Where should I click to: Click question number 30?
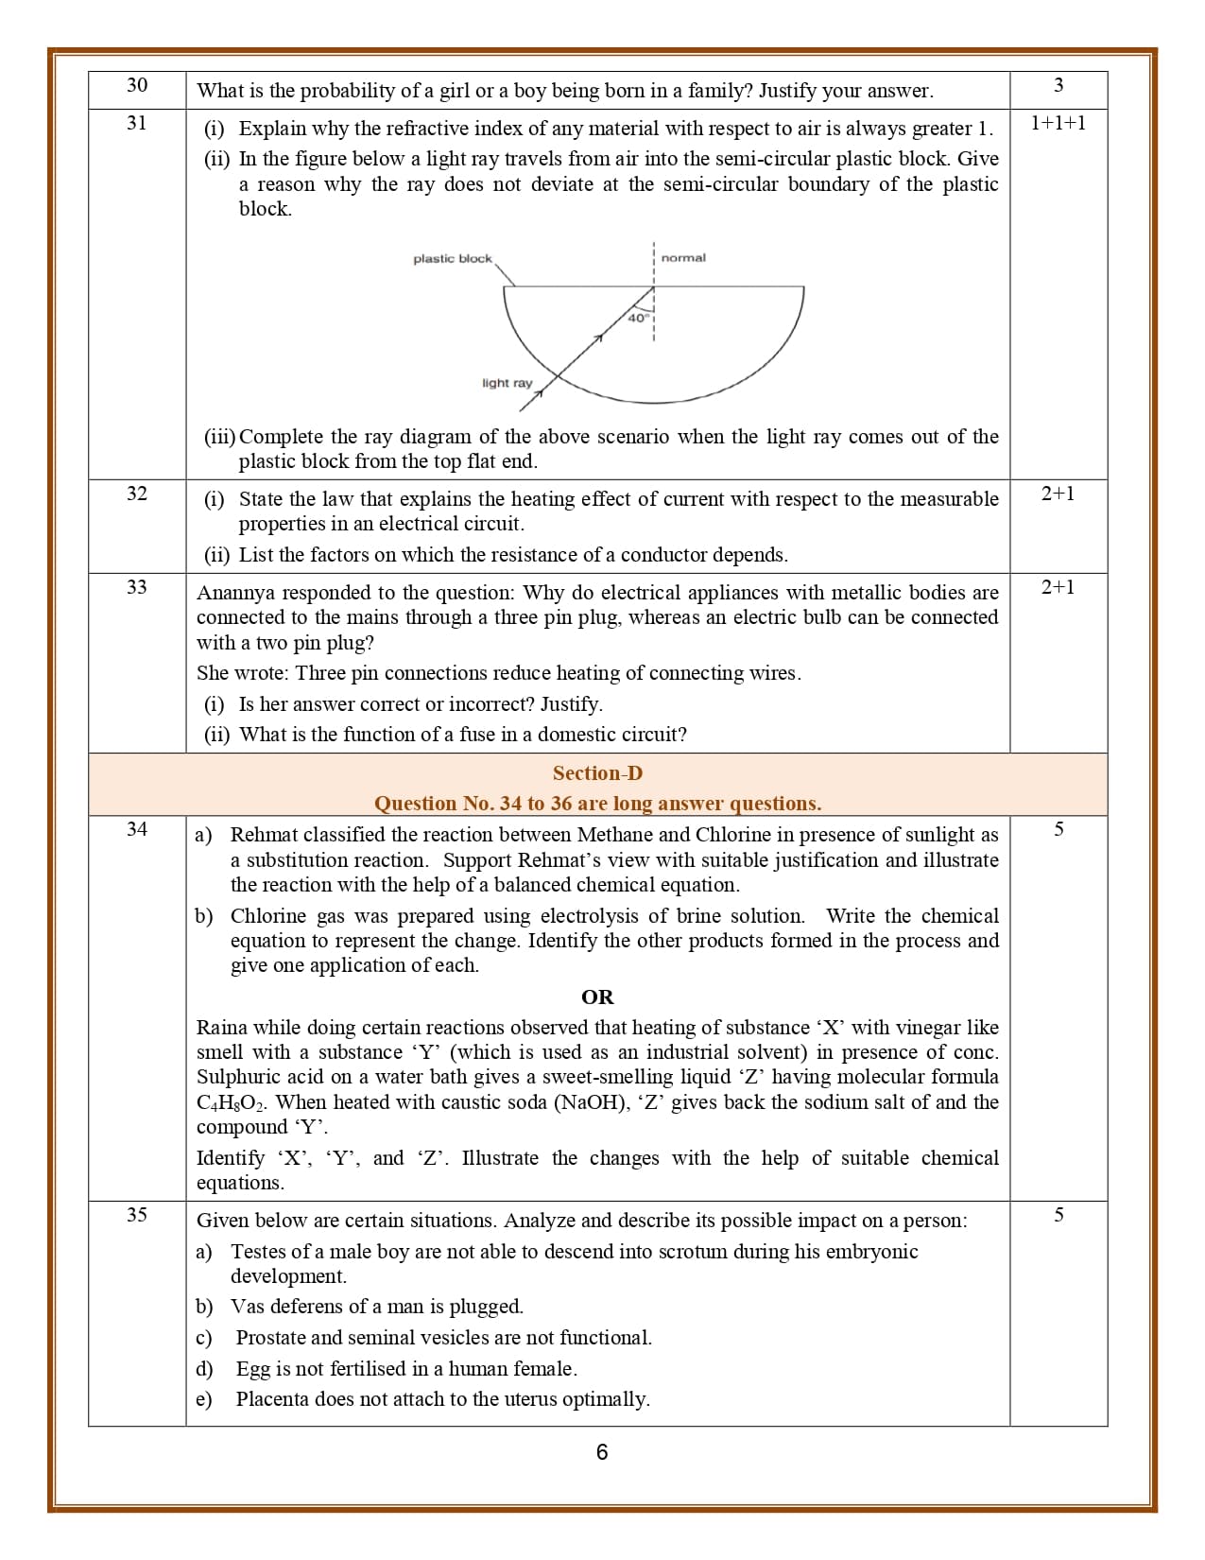point(137,85)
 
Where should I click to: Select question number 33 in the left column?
point(137,587)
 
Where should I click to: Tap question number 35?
point(137,1215)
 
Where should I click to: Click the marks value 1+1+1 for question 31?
point(1058,123)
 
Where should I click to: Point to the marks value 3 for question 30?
point(1059,85)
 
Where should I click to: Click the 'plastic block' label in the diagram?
point(452,259)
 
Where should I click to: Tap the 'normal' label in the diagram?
point(682,258)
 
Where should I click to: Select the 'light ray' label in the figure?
point(507,383)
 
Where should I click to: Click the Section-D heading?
point(597,773)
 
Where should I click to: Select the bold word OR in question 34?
point(597,997)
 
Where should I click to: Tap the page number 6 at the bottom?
point(602,1452)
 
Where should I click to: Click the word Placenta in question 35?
point(272,1399)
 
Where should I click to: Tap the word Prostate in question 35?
point(270,1338)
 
